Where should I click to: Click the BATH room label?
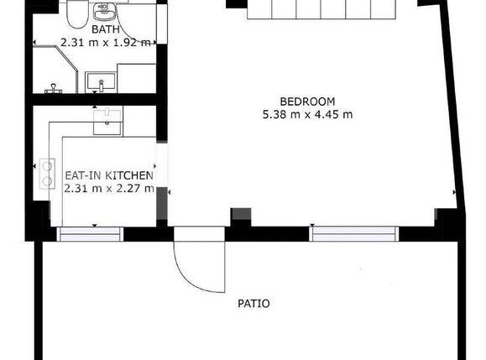coord(106,29)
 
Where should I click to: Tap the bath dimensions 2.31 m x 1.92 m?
coord(106,43)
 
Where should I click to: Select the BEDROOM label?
coord(307,102)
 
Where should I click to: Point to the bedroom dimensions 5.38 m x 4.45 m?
coord(307,115)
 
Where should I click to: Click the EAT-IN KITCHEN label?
coord(109,175)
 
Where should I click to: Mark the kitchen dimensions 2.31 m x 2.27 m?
coord(109,188)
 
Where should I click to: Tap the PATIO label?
coord(253,304)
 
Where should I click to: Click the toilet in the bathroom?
coord(77,13)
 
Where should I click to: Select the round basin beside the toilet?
coord(105,13)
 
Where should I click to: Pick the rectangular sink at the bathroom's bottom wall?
coord(101,82)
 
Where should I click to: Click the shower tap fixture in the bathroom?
coord(54,89)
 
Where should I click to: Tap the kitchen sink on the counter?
coord(107,121)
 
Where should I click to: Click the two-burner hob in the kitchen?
coord(47,174)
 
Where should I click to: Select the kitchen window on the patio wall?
coord(90,234)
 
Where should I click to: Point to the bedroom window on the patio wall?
coord(354,234)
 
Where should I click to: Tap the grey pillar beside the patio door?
coord(241,214)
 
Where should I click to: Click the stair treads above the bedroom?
coord(321,9)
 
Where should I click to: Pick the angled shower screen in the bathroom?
coord(65,58)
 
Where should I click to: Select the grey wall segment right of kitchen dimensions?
coord(162,203)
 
